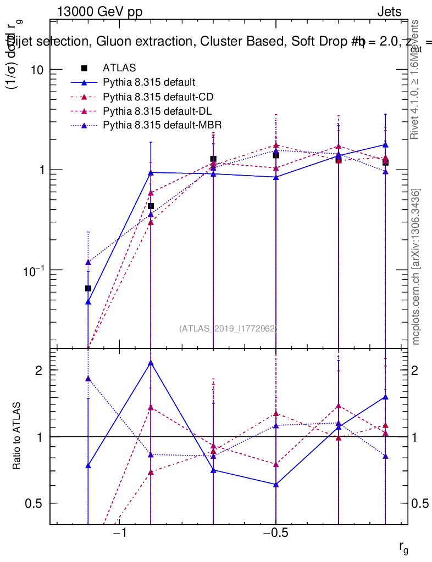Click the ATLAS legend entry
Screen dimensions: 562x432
pos(119,68)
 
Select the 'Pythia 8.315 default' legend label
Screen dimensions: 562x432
pos(149,83)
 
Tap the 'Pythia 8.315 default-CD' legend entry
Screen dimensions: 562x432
pos(158,97)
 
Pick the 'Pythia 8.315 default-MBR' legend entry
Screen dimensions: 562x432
pos(162,125)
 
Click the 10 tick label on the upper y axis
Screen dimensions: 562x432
pos(37,70)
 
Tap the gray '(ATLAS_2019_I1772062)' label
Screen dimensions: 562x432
pos(228,329)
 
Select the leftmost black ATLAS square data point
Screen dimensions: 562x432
pos(88,289)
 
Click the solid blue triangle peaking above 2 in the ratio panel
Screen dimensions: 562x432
pos(151,363)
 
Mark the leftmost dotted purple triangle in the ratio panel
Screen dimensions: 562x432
pos(88,379)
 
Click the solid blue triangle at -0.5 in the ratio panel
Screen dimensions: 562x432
pos(276,485)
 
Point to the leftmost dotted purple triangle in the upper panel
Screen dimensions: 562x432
pos(88,262)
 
